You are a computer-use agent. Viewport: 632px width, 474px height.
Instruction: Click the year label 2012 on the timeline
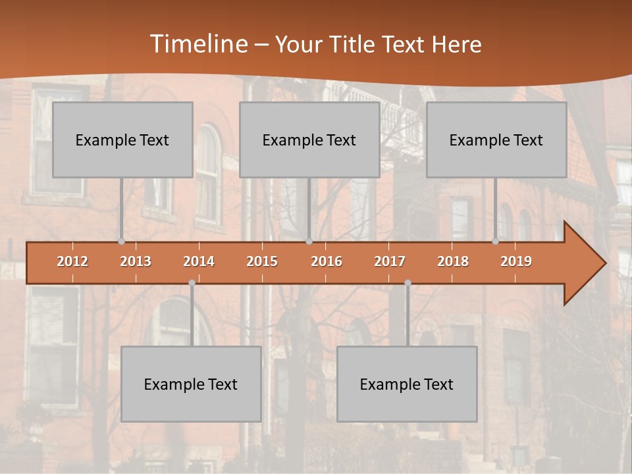72,261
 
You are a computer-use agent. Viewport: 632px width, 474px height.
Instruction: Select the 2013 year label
136,261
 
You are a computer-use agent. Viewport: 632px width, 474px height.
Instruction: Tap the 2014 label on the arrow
199,261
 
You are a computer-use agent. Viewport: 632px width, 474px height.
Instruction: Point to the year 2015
262,261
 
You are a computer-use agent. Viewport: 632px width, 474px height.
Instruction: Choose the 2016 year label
327,261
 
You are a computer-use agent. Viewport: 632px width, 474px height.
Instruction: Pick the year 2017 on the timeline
390,261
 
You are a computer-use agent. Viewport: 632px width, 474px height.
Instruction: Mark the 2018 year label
453,261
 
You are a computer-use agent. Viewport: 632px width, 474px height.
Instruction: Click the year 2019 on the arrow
516,261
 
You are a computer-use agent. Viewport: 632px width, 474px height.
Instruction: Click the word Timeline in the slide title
198,44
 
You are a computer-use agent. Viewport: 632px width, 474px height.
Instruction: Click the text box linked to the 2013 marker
122,140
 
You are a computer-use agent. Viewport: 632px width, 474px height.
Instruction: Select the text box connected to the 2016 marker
309,140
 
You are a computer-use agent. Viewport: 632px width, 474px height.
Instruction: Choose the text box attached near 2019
496,140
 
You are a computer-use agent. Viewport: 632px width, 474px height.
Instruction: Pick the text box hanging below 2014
191,384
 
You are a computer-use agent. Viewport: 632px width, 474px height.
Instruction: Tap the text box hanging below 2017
407,384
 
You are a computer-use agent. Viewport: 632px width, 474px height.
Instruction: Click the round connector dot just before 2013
121,242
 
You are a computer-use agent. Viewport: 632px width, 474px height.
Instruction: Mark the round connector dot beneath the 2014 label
192,282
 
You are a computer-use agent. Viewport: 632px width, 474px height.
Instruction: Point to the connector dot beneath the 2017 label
408,282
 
